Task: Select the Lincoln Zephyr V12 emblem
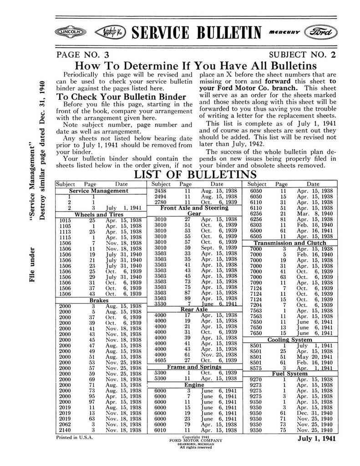click(x=109, y=32)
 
